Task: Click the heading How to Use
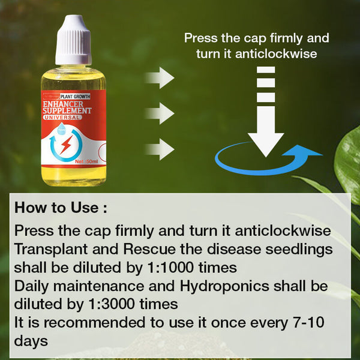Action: (x=61, y=208)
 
